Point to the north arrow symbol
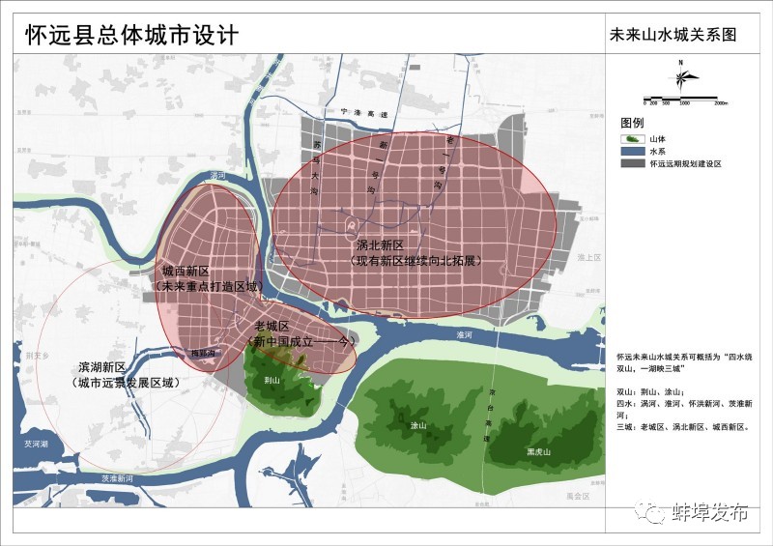(x=681, y=78)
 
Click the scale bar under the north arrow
(x=681, y=99)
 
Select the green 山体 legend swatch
(x=632, y=139)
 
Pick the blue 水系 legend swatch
(x=632, y=152)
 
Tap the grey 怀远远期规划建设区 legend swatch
(x=632, y=164)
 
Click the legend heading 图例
(x=632, y=124)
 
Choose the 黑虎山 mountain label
(x=538, y=451)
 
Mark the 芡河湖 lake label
(x=36, y=444)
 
